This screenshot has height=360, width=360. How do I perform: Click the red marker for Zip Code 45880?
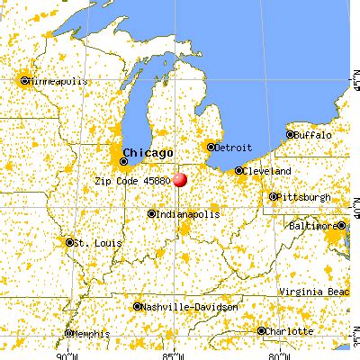pos(180,179)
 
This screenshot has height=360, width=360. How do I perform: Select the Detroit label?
pos(232,146)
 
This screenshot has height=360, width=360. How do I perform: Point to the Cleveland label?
pos(267,170)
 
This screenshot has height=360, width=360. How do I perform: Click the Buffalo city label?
pos(314,134)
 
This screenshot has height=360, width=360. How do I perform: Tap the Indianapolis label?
pos(189,214)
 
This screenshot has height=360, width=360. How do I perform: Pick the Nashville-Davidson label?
pos(190,307)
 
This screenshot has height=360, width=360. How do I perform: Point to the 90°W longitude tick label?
pos(66,354)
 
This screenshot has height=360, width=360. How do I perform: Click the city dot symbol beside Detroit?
pos(211,147)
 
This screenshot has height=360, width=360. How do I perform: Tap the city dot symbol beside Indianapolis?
pos(151,214)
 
